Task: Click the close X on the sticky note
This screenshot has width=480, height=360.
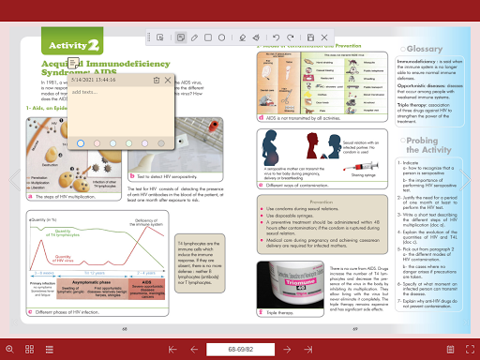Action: point(168,81)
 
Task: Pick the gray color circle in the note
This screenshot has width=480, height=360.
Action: point(161,142)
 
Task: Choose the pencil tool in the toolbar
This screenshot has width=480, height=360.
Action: point(194,39)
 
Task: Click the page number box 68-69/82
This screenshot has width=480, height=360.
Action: point(240,349)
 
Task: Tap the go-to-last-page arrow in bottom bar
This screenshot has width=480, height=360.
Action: point(307,349)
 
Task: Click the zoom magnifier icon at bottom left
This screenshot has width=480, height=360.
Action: point(10,349)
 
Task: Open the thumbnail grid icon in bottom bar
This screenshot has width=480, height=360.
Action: point(30,349)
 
